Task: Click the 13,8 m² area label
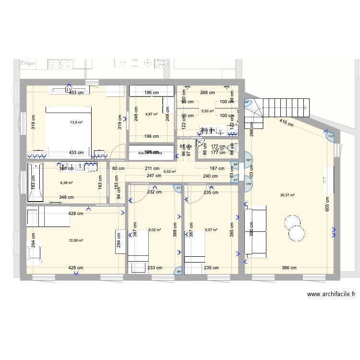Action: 76,122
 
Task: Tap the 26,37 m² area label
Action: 287,195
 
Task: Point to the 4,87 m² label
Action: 152,114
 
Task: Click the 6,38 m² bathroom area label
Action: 66,182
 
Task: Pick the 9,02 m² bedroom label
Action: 155,230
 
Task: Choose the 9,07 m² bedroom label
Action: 211,230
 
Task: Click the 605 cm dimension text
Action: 327,207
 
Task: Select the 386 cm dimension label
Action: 289,268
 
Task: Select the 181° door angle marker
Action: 249,160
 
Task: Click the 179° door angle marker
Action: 249,183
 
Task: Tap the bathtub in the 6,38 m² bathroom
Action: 35,183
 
